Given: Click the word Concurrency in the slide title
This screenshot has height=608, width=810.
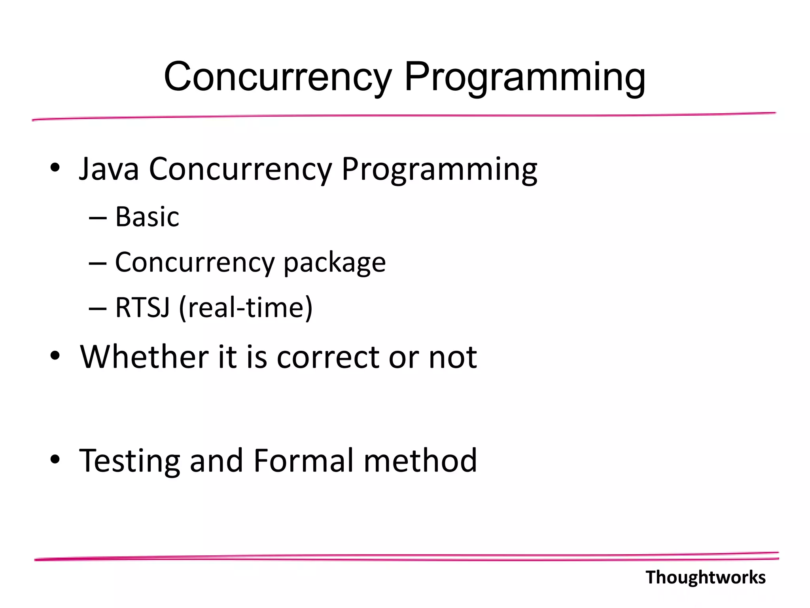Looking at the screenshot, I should (277, 77).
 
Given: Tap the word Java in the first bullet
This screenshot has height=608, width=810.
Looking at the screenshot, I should (109, 169).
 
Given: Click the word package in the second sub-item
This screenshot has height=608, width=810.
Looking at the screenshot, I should (334, 263).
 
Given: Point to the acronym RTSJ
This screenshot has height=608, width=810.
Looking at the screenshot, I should (142, 308).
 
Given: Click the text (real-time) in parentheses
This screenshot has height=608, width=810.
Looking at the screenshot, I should (246, 308).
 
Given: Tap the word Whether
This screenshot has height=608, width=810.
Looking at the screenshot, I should (144, 357).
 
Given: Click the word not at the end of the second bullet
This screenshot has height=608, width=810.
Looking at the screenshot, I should (453, 358).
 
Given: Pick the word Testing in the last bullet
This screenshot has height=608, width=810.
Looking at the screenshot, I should (129, 461).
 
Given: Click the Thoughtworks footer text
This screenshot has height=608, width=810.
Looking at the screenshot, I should (705, 578).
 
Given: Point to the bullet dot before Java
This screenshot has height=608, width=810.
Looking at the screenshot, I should (55, 168).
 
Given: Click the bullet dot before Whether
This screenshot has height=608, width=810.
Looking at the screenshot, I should (55, 356).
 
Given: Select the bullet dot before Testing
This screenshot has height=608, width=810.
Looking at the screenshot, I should (55, 459).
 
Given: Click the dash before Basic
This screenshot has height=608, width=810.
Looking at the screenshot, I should (98, 218).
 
